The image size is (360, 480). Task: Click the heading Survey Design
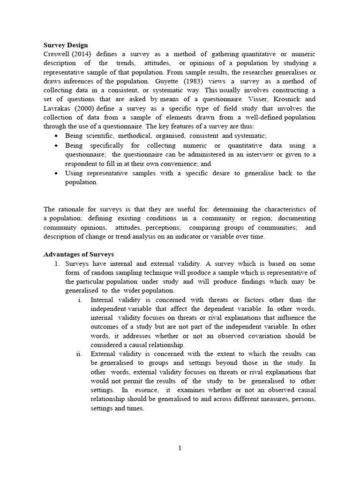(x=66, y=45)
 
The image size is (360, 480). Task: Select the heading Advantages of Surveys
(x=79, y=255)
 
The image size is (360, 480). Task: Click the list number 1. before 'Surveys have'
(x=57, y=264)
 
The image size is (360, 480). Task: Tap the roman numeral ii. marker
(x=79, y=354)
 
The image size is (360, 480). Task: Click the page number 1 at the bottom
(x=180, y=448)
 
